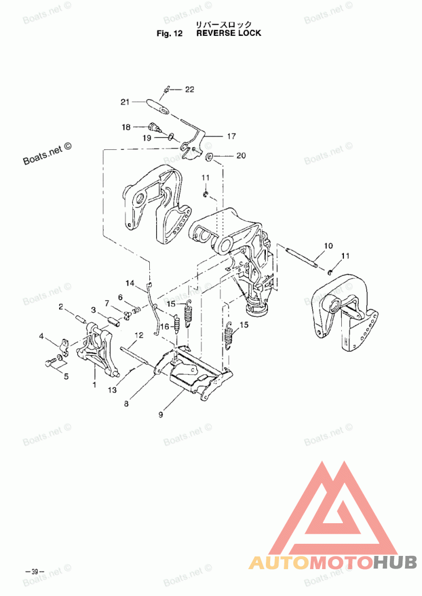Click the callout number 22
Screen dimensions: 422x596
coord(189,90)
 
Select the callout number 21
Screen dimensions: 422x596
coord(125,102)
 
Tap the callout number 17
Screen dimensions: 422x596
coord(231,136)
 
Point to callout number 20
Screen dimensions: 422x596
coord(241,156)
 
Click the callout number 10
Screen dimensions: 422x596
coord(328,246)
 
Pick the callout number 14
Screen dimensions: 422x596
coord(130,283)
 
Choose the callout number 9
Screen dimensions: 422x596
coord(160,414)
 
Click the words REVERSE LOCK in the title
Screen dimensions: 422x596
coord(228,33)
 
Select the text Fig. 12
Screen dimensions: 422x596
coord(169,33)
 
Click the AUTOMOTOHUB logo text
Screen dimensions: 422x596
coord(332,562)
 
